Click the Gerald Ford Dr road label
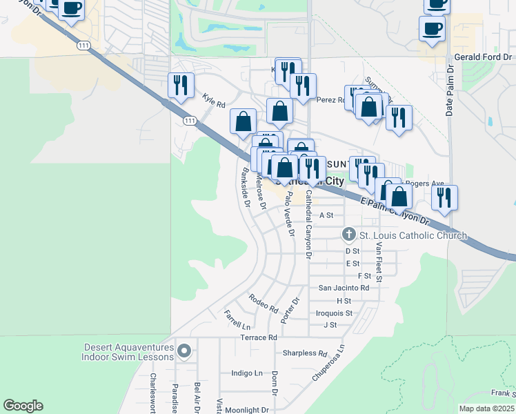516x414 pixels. pyautogui.click(x=484, y=57)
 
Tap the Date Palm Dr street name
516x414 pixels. pyautogui.click(x=449, y=90)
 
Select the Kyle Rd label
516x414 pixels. pyautogui.click(x=214, y=101)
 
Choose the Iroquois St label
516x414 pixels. pyautogui.click(x=334, y=313)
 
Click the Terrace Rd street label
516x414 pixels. pyautogui.click(x=258, y=337)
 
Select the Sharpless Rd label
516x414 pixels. pyautogui.click(x=304, y=353)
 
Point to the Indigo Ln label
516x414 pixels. pyautogui.click(x=247, y=373)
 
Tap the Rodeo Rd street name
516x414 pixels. pyautogui.click(x=263, y=302)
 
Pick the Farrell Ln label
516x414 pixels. pyautogui.click(x=237, y=319)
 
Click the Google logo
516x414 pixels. pyautogui.click(x=23, y=406)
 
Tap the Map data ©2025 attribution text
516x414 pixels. pyautogui.click(x=486, y=408)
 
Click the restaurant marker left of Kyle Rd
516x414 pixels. pyautogui.click(x=181, y=86)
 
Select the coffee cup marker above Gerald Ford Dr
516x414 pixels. pyautogui.click(x=432, y=30)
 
